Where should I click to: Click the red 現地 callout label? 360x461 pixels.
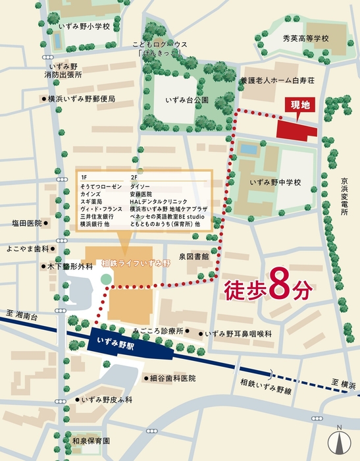[x=297, y=105]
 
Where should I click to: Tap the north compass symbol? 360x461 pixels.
[x=340, y=440]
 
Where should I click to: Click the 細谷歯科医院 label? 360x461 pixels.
[x=173, y=379]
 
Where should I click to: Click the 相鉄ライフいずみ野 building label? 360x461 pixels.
[x=136, y=263]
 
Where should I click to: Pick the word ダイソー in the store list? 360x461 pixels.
[x=141, y=187]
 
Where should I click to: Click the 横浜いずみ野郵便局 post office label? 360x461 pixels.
[x=81, y=99]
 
